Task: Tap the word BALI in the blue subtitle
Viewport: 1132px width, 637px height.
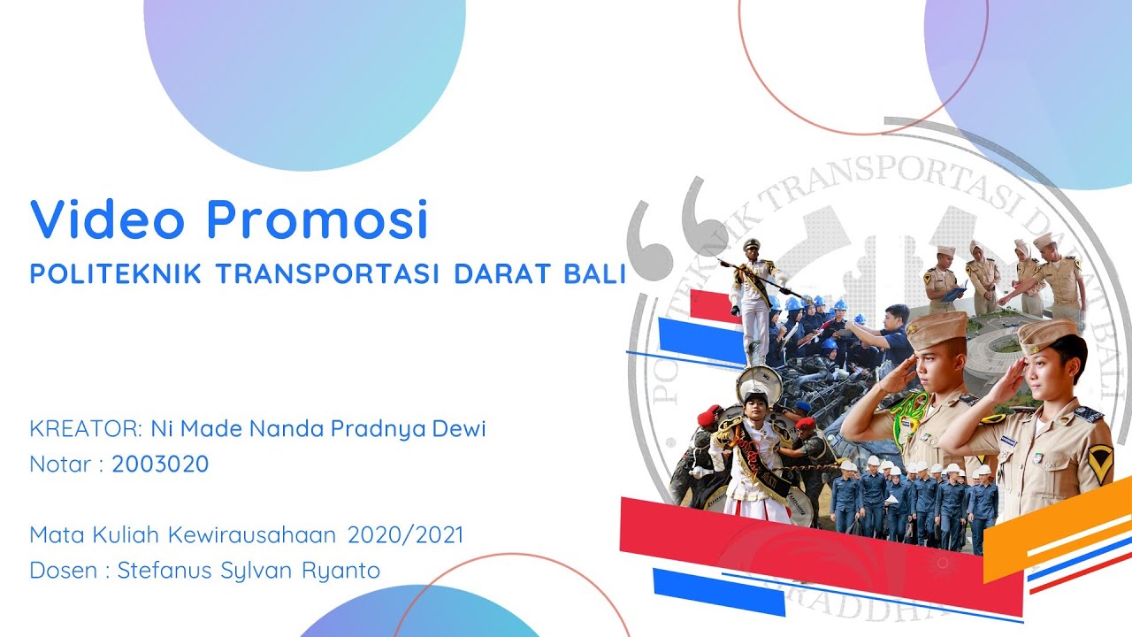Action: pos(594,273)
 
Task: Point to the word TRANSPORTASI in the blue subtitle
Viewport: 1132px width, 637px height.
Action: pos(327,273)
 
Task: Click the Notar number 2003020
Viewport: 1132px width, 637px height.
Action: pos(160,464)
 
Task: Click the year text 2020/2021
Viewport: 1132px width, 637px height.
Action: pos(405,535)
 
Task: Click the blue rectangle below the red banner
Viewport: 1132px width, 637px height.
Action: pos(718,591)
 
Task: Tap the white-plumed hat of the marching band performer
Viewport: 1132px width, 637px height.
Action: pos(758,383)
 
